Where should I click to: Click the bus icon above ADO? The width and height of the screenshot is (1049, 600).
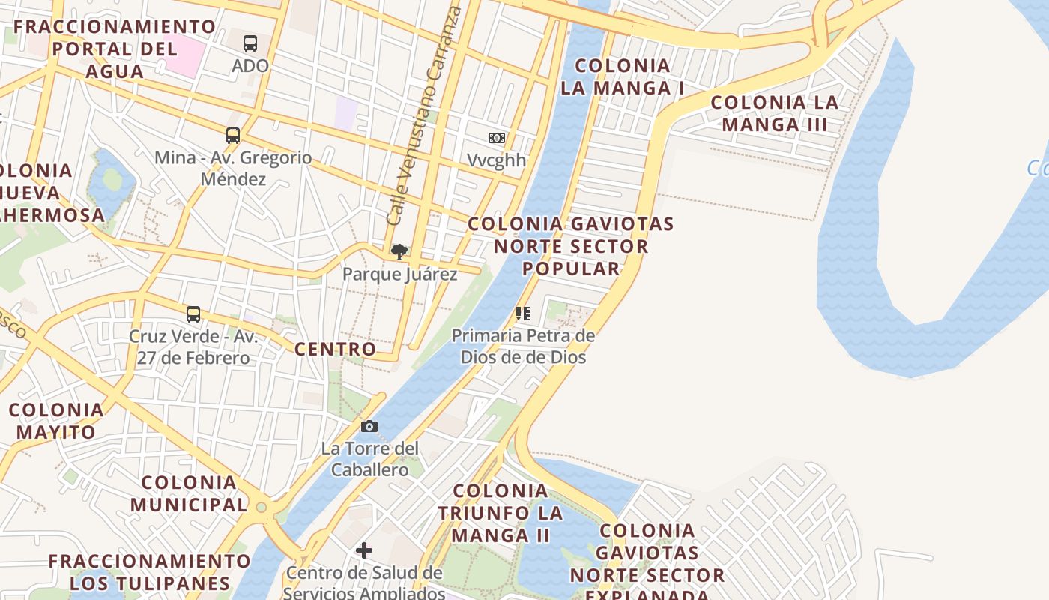[x=250, y=43]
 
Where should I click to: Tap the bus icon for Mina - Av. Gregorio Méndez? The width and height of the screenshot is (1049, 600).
[x=233, y=136]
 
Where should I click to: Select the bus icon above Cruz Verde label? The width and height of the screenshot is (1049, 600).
[x=193, y=313]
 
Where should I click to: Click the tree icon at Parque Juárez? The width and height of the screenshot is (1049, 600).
[x=399, y=251]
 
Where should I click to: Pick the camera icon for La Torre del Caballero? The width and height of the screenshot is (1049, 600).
[x=369, y=427]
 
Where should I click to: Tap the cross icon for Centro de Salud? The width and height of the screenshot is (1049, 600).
[x=364, y=551]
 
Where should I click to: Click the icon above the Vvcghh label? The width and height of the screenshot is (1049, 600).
[x=497, y=138]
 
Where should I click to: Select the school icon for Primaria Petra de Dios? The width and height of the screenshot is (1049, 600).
[x=523, y=313]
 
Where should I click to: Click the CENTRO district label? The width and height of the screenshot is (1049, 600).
[x=335, y=349]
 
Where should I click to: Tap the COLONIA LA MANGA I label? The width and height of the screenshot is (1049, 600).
[x=623, y=76]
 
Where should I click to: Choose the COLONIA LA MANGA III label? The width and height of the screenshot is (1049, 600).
[x=775, y=113]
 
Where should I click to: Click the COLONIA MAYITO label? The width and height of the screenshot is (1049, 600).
[x=56, y=421]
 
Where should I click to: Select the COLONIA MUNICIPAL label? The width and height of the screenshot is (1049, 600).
[x=189, y=493]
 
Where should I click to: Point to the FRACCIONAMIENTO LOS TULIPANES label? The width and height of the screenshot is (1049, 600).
[x=150, y=571]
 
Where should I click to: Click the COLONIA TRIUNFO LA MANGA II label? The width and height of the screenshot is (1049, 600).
[x=501, y=513]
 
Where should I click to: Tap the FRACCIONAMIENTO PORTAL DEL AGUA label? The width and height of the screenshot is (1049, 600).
[x=115, y=49]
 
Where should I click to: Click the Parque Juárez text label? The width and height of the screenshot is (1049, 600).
[x=399, y=274]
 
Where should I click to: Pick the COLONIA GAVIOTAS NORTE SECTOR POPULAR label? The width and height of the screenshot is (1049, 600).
[x=571, y=246]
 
